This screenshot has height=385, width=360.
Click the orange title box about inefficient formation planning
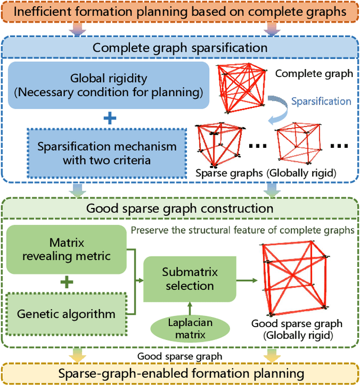(x=179, y=12)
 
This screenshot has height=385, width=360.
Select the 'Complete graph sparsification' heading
(x=179, y=47)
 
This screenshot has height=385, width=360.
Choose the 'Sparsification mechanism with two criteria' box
(x=106, y=153)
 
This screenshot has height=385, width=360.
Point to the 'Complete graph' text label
(x=314, y=73)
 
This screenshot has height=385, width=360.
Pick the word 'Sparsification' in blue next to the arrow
(x=321, y=102)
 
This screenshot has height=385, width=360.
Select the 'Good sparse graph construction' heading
(x=179, y=209)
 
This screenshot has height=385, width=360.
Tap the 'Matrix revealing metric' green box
(x=66, y=250)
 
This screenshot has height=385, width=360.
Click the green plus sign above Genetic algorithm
(x=67, y=282)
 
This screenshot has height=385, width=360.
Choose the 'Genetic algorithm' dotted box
(x=67, y=314)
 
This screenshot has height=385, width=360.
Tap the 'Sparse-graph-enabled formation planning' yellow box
(x=179, y=373)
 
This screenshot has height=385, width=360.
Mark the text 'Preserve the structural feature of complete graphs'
(x=242, y=229)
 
